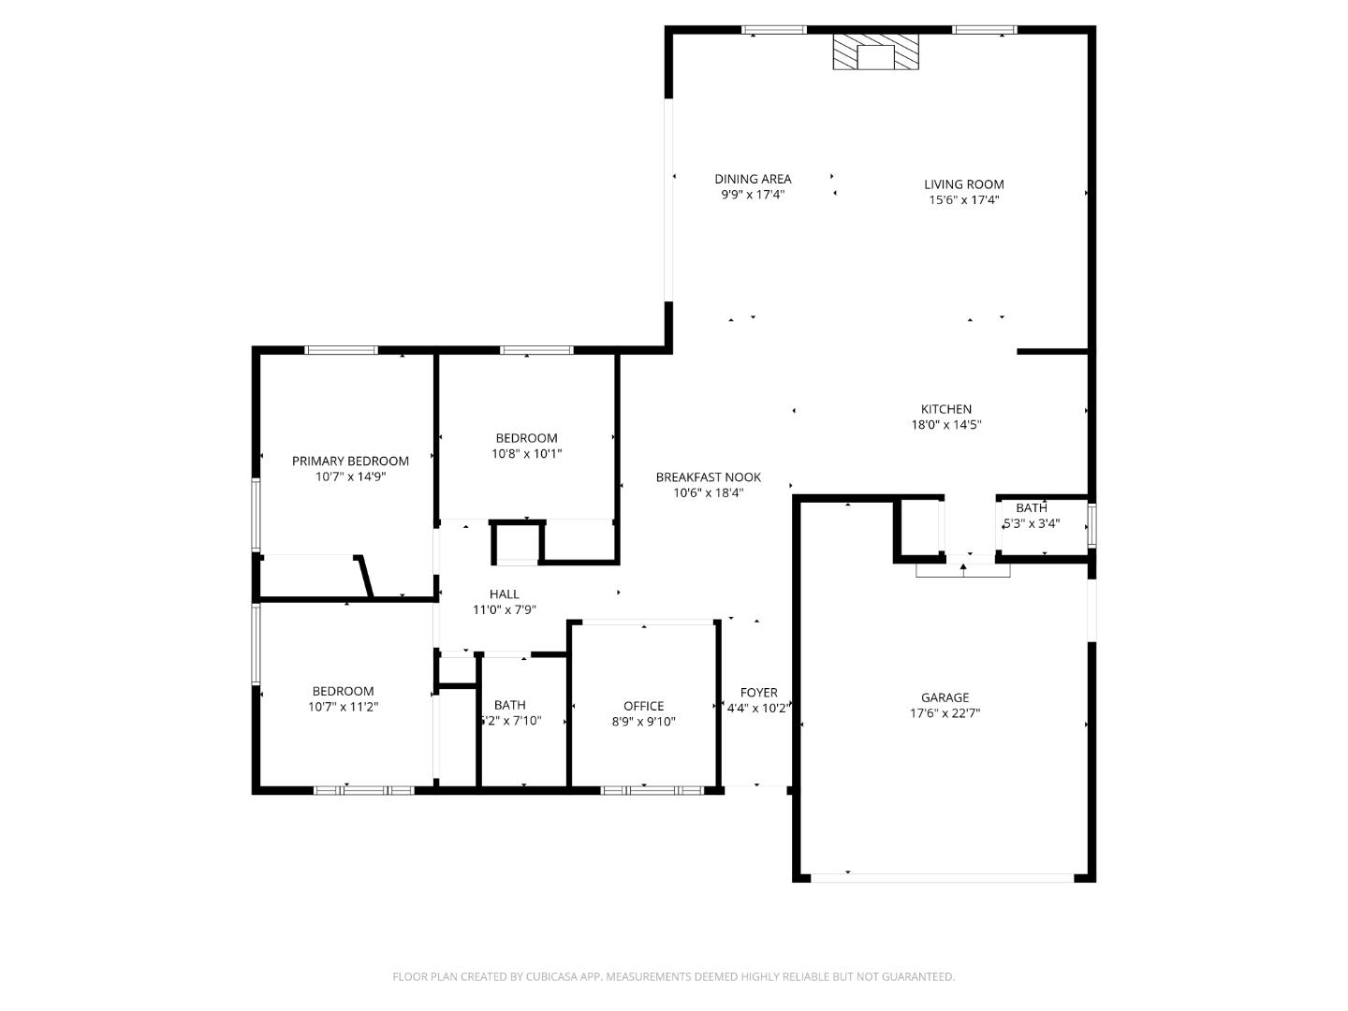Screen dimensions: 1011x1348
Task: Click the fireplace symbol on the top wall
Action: click(876, 53)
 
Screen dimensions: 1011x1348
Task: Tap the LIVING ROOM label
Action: click(963, 184)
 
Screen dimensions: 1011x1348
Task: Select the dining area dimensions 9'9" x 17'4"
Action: click(752, 195)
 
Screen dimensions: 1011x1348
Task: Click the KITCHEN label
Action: click(945, 409)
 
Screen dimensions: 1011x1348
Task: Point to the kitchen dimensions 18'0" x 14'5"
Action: click(945, 424)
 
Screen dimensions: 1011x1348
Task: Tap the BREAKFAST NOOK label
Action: click(708, 477)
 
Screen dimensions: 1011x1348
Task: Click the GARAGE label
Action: click(945, 697)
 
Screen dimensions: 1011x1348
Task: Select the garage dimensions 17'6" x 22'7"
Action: click(945, 712)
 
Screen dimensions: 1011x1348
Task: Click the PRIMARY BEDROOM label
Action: click(350, 461)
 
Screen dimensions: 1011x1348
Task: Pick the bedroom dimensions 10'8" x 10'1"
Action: click(526, 453)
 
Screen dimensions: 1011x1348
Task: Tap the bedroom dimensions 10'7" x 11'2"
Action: click(343, 707)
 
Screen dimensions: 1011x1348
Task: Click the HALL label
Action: click(504, 593)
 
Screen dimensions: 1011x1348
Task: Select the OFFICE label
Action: click(643, 706)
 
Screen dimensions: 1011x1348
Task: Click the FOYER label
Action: click(758, 693)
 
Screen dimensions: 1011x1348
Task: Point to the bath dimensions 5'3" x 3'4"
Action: click(1032, 523)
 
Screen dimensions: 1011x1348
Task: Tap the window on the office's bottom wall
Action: click(652, 790)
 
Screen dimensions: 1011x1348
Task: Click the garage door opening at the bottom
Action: click(942, 878)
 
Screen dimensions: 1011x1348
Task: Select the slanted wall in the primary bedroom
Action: click(364, 577)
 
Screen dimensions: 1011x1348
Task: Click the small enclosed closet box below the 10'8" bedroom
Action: click(517, 544)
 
